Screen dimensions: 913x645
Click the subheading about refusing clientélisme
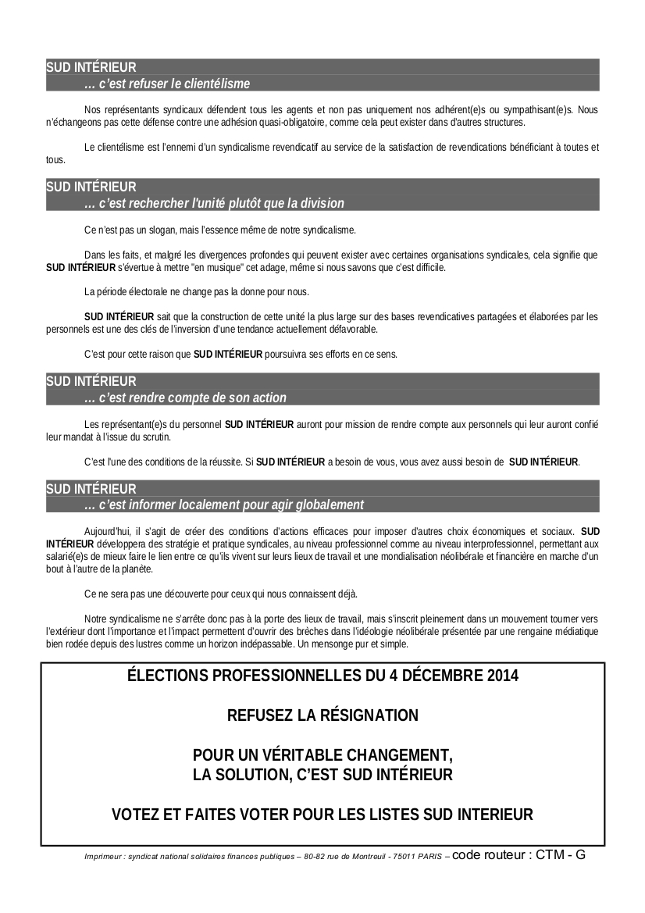click(167, 84)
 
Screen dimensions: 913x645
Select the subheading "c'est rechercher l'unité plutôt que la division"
click(214, 203)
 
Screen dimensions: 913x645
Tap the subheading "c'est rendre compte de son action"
click(185, 398)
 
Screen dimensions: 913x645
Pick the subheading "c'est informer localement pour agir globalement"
click(223, 505)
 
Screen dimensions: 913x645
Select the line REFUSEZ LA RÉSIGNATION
click(322, 715)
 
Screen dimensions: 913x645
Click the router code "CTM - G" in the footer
click(560, 854)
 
